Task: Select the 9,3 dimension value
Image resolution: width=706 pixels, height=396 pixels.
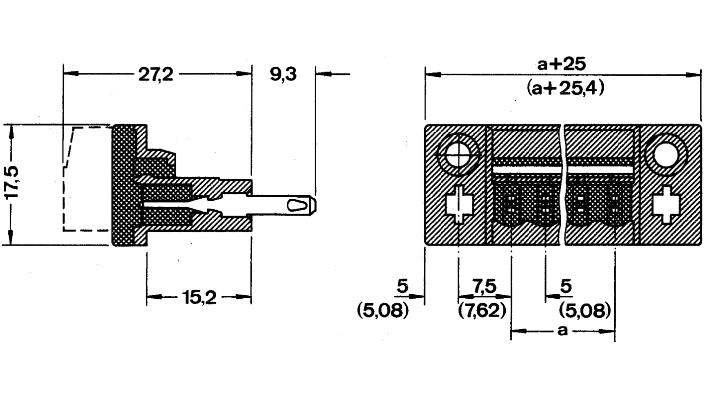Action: point(283,75)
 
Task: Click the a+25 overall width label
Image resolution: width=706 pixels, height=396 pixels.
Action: point(563,64)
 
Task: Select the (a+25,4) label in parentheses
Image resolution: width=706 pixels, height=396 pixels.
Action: point(564,89)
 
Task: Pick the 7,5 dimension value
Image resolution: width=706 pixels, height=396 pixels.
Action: point(484,286)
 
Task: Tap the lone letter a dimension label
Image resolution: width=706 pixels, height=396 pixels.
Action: point(562,331)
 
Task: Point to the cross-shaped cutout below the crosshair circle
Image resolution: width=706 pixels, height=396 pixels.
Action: point(458,205)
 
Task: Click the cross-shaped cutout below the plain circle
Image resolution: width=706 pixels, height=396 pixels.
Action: point(666,204)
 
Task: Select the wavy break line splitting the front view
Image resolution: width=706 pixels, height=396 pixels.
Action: point(564,184)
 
